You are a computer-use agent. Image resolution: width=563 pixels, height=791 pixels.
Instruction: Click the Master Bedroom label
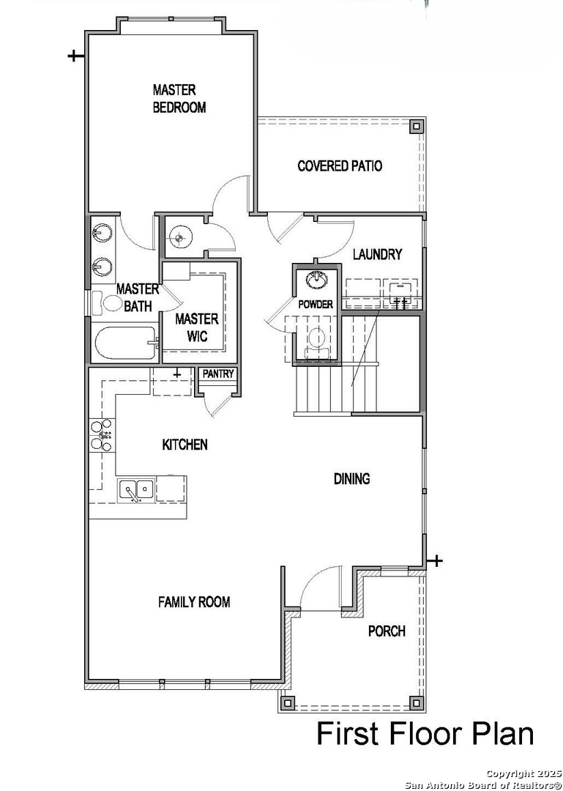click(179, 99)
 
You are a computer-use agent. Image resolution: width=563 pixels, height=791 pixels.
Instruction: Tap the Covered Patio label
click(340, 166)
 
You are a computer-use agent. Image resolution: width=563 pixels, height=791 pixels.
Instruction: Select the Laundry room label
click(377, 254)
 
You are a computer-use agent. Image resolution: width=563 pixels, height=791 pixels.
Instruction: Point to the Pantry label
click(218, 374)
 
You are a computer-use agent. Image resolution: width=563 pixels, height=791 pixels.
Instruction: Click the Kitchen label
click(184, 445)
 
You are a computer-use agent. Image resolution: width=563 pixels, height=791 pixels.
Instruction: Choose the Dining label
click(351, 478)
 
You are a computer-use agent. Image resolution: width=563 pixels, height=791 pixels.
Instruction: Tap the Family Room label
click(194, 602)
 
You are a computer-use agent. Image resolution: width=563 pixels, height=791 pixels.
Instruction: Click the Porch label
click(387, 631)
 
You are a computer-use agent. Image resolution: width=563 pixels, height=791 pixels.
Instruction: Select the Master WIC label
click(197, 327)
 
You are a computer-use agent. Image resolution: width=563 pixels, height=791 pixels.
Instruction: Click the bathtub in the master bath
click(126, 343)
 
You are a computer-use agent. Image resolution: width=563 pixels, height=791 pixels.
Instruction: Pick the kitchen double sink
click(136, 490)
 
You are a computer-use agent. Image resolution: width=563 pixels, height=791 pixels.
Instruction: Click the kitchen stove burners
click(101, 435)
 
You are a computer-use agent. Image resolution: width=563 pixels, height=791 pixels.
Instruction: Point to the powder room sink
click(317, 279)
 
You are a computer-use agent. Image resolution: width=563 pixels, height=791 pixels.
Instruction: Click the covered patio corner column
click(416, 126)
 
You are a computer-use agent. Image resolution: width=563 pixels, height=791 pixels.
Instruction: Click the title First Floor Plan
click(425, 733)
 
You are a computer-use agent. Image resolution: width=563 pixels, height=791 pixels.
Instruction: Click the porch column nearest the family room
click(288, 702)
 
